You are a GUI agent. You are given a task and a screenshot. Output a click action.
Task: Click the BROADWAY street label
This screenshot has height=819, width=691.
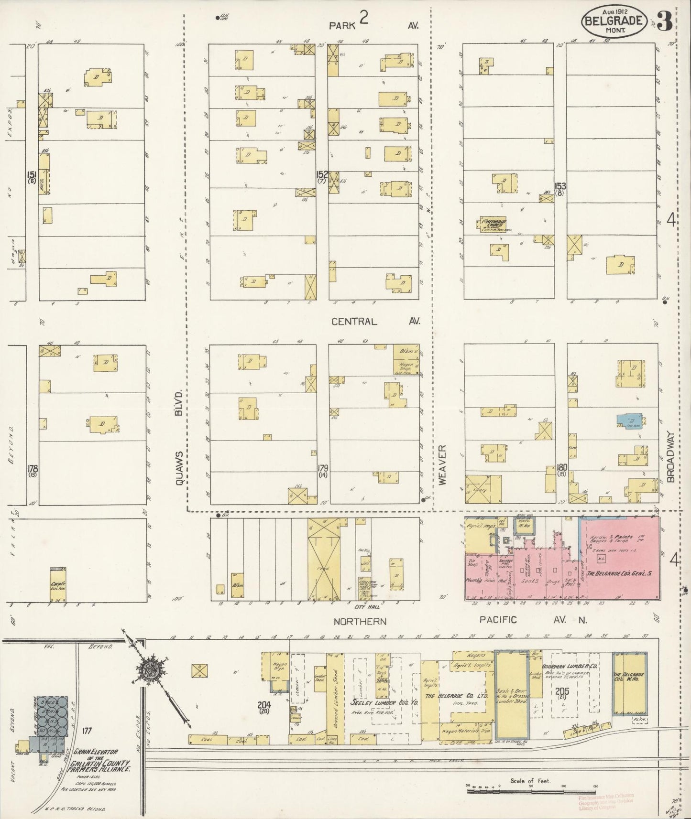click(671, 458)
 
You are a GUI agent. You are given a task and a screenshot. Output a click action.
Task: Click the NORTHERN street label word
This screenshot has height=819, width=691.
click(360, 621)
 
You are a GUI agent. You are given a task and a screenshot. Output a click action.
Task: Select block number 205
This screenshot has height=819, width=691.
click(561, 690)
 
